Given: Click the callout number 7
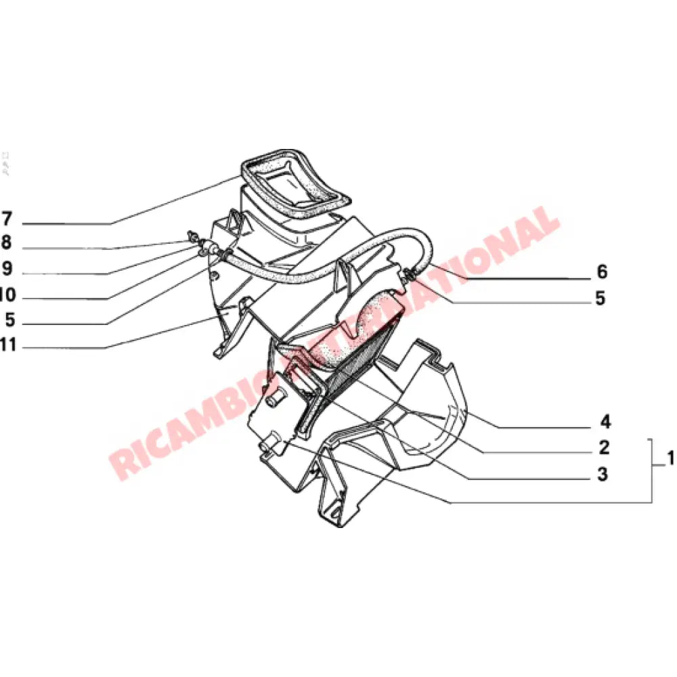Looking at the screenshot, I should coord(7,219).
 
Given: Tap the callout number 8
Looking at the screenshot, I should coord(7,242).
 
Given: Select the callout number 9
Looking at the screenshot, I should coord(7,269).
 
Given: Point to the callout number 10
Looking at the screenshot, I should coord(7,294).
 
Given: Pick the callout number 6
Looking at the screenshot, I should coord(601,272).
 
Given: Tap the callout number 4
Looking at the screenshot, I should coord(605,422).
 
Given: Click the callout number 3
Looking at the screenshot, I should coord(603,475).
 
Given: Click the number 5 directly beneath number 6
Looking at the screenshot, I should coord(600,299).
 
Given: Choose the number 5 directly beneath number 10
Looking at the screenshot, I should coord(9,319).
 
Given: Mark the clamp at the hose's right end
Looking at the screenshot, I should coord(410,274).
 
